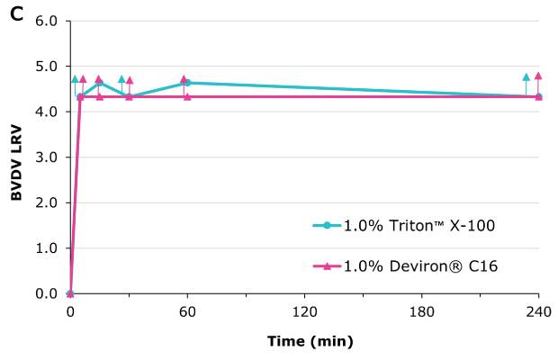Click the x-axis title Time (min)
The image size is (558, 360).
[x=310, y=341]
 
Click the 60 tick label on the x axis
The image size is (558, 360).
[x=187, y=311]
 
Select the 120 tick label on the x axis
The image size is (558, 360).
[x=304, y=311]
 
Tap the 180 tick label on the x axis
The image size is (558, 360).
[x=421, y=311]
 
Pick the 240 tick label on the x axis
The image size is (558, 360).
[x=538, y=311]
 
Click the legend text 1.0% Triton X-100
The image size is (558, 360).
[x=418, y=225]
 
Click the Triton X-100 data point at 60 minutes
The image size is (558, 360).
[x=187, y=83]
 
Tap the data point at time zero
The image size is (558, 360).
[x=70, y=293]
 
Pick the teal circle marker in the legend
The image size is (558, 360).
[x=328, y=225]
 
